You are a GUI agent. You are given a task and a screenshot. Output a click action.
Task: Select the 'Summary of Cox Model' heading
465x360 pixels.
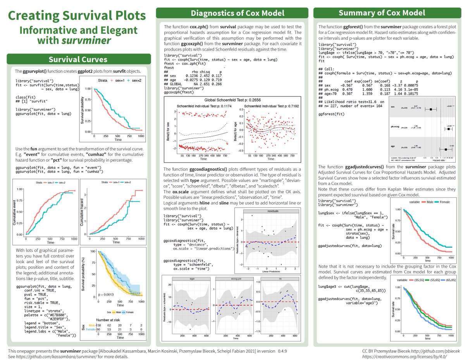click(387, 13)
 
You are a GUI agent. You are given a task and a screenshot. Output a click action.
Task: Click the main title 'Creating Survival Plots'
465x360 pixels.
click(77, 16)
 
